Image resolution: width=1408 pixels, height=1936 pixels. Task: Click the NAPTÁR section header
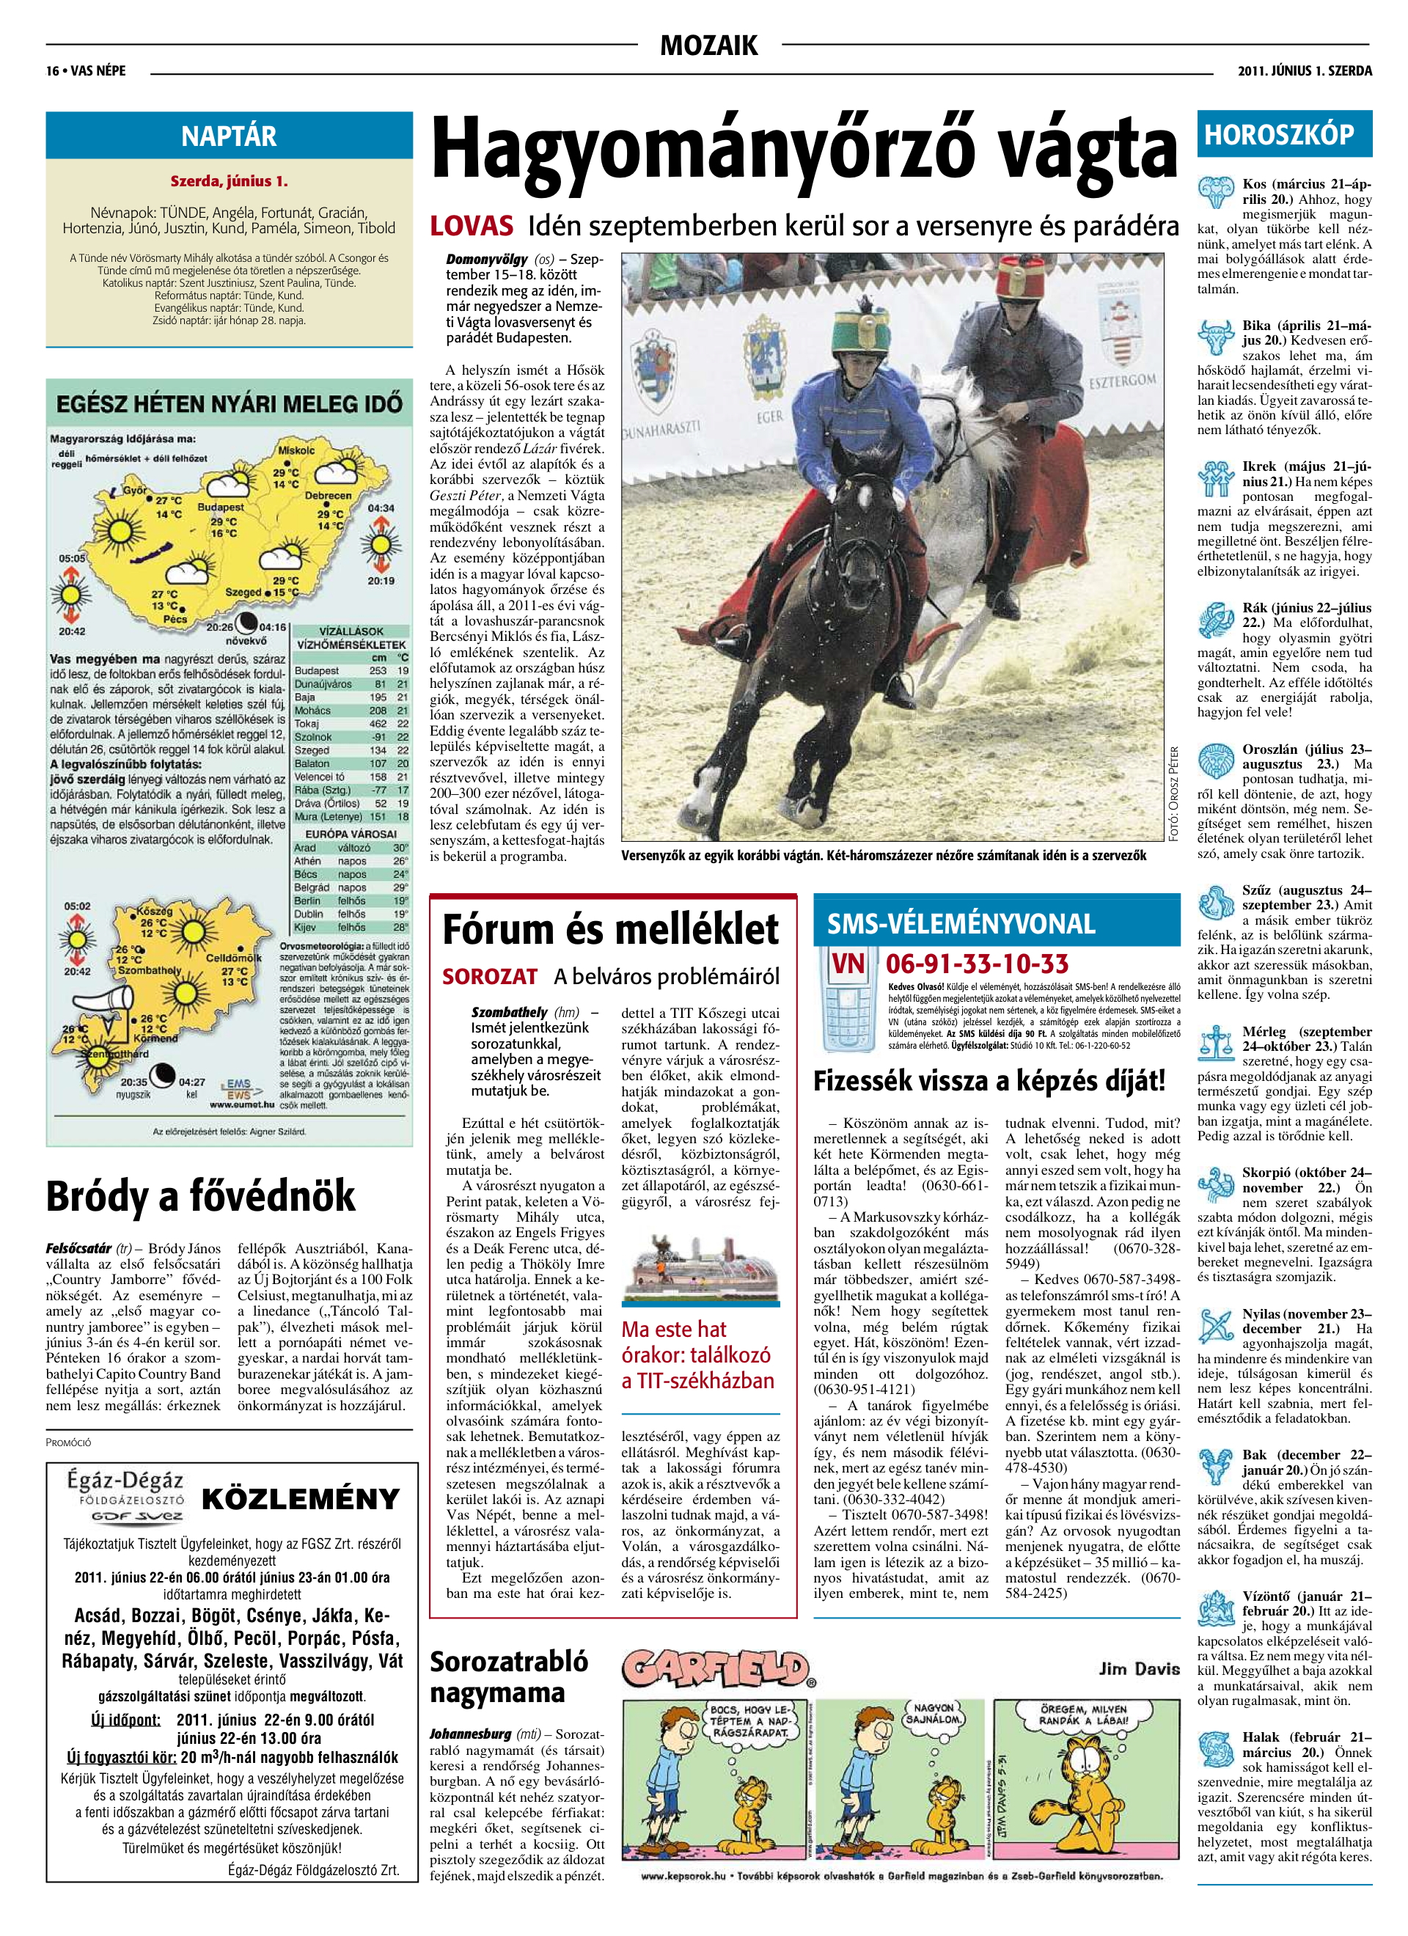229,136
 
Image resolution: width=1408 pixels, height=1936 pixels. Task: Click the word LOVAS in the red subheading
472,225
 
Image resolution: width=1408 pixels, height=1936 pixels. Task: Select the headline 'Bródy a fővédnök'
201,1195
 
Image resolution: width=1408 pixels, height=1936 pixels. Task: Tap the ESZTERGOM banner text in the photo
1124,379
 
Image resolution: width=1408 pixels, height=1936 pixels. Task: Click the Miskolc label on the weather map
296,450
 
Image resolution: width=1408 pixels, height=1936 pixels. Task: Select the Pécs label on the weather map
175,619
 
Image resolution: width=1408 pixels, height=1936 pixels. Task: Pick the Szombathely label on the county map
150,970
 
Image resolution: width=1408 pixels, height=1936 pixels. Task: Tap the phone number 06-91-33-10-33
977,964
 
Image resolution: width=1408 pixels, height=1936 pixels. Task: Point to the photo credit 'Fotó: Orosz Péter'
1175,794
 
